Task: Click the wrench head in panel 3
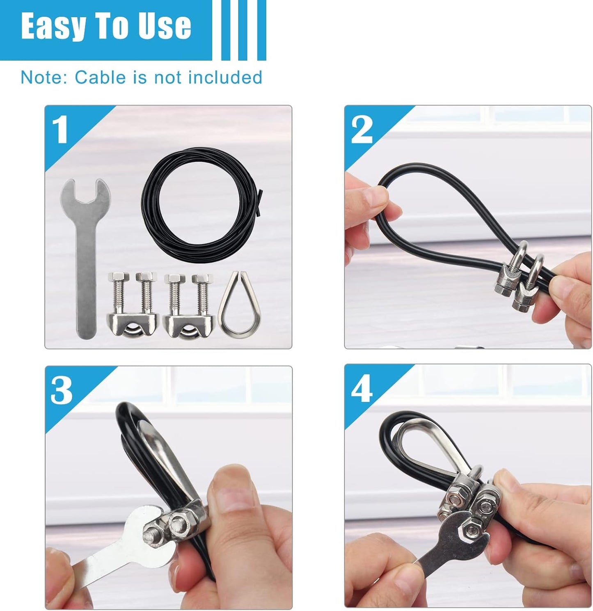point(148,531)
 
